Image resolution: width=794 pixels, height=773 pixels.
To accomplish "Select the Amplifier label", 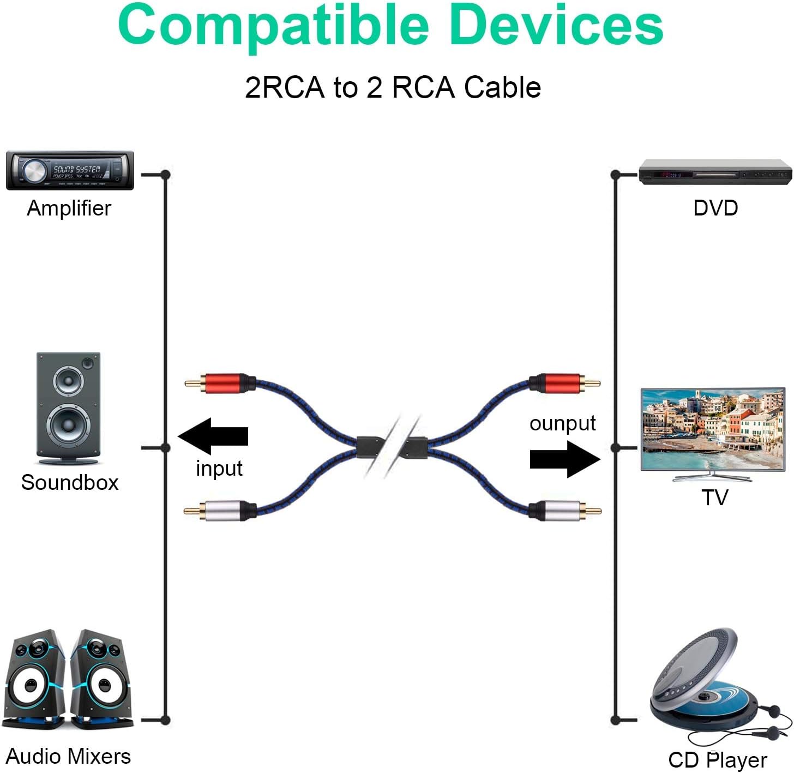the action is click(x=69, y=208).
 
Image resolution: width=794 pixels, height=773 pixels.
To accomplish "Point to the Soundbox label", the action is click(x=70, y=482).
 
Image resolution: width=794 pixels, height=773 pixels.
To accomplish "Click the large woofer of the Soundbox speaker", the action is click(x=68, y=424).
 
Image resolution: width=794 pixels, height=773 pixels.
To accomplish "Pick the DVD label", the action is click(x=715, y=208).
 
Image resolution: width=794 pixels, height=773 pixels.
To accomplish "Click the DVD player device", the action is click(x=715, y=172).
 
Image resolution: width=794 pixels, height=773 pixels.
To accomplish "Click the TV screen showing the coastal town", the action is click(x=713, y=429).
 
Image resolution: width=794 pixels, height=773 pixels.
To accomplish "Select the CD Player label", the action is click(x=718, y=760).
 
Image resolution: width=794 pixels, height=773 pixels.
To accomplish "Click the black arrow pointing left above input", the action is click(x=213, y=436).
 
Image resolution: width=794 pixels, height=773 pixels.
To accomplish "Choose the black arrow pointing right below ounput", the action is click(x=565, y=459).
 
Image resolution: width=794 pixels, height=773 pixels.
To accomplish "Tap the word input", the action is click(x=219, y=468).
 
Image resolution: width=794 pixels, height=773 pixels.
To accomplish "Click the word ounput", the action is click(x=563, y=423).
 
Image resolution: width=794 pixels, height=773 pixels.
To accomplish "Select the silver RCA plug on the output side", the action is click(x=565, y=511).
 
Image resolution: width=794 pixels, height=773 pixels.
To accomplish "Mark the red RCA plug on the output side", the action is click(x=564, y=383).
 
